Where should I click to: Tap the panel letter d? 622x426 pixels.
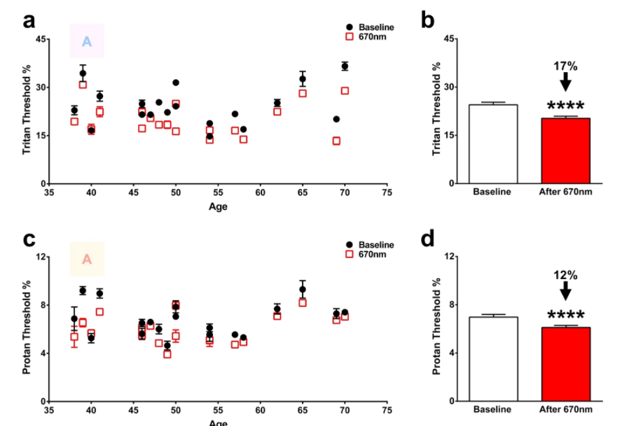(428, 239)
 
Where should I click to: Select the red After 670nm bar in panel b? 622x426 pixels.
(566, 150)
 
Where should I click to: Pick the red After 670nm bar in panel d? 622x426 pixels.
(566, 364)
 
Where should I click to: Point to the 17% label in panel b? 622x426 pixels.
(566, 66)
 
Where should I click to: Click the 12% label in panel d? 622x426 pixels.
(566, 275)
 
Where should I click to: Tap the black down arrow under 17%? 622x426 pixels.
(566, 81)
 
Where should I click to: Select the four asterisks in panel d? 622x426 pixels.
(566, 315)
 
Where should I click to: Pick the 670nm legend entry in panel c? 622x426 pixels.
(371, 254)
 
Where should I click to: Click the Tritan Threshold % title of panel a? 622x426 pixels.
(27, 110)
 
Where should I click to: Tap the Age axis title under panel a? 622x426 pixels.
(218, 206)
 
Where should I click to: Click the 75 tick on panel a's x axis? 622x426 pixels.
(387, 193)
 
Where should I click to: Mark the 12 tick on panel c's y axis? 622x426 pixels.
(41, 257)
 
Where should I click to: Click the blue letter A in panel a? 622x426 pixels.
(87, 41)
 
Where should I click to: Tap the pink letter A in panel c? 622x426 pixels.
(87, 260)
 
